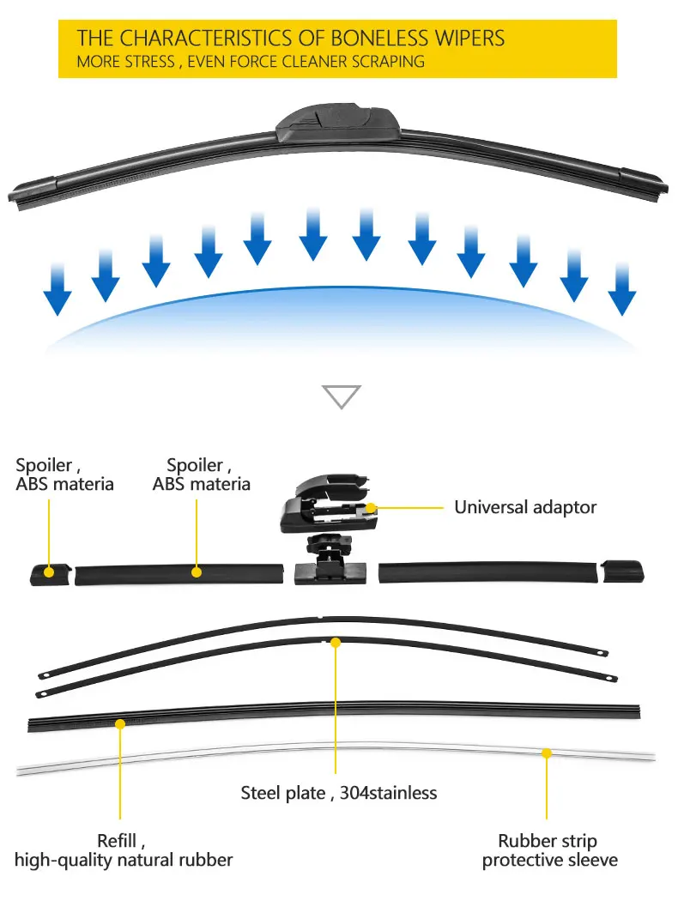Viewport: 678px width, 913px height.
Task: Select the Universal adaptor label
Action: pos(524,507)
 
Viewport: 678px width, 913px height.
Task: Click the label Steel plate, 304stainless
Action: pos(338,793)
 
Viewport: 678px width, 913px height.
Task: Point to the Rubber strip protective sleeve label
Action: pos(549,850)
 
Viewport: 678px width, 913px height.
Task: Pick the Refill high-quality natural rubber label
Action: pos(123,850)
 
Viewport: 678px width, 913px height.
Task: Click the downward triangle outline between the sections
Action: pos(341,396)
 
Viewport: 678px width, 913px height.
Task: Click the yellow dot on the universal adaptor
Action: pos(372,508)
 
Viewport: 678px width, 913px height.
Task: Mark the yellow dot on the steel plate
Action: pos(336,641)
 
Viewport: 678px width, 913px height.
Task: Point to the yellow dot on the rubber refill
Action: pos(120,724)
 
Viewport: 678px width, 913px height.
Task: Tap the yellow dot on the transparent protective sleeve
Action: pos(546,753)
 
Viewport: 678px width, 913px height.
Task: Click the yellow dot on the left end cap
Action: pos(50,571)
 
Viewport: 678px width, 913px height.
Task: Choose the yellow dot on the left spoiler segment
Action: pos(197,571)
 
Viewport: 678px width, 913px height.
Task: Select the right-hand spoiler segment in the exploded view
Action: pos(487,572)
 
